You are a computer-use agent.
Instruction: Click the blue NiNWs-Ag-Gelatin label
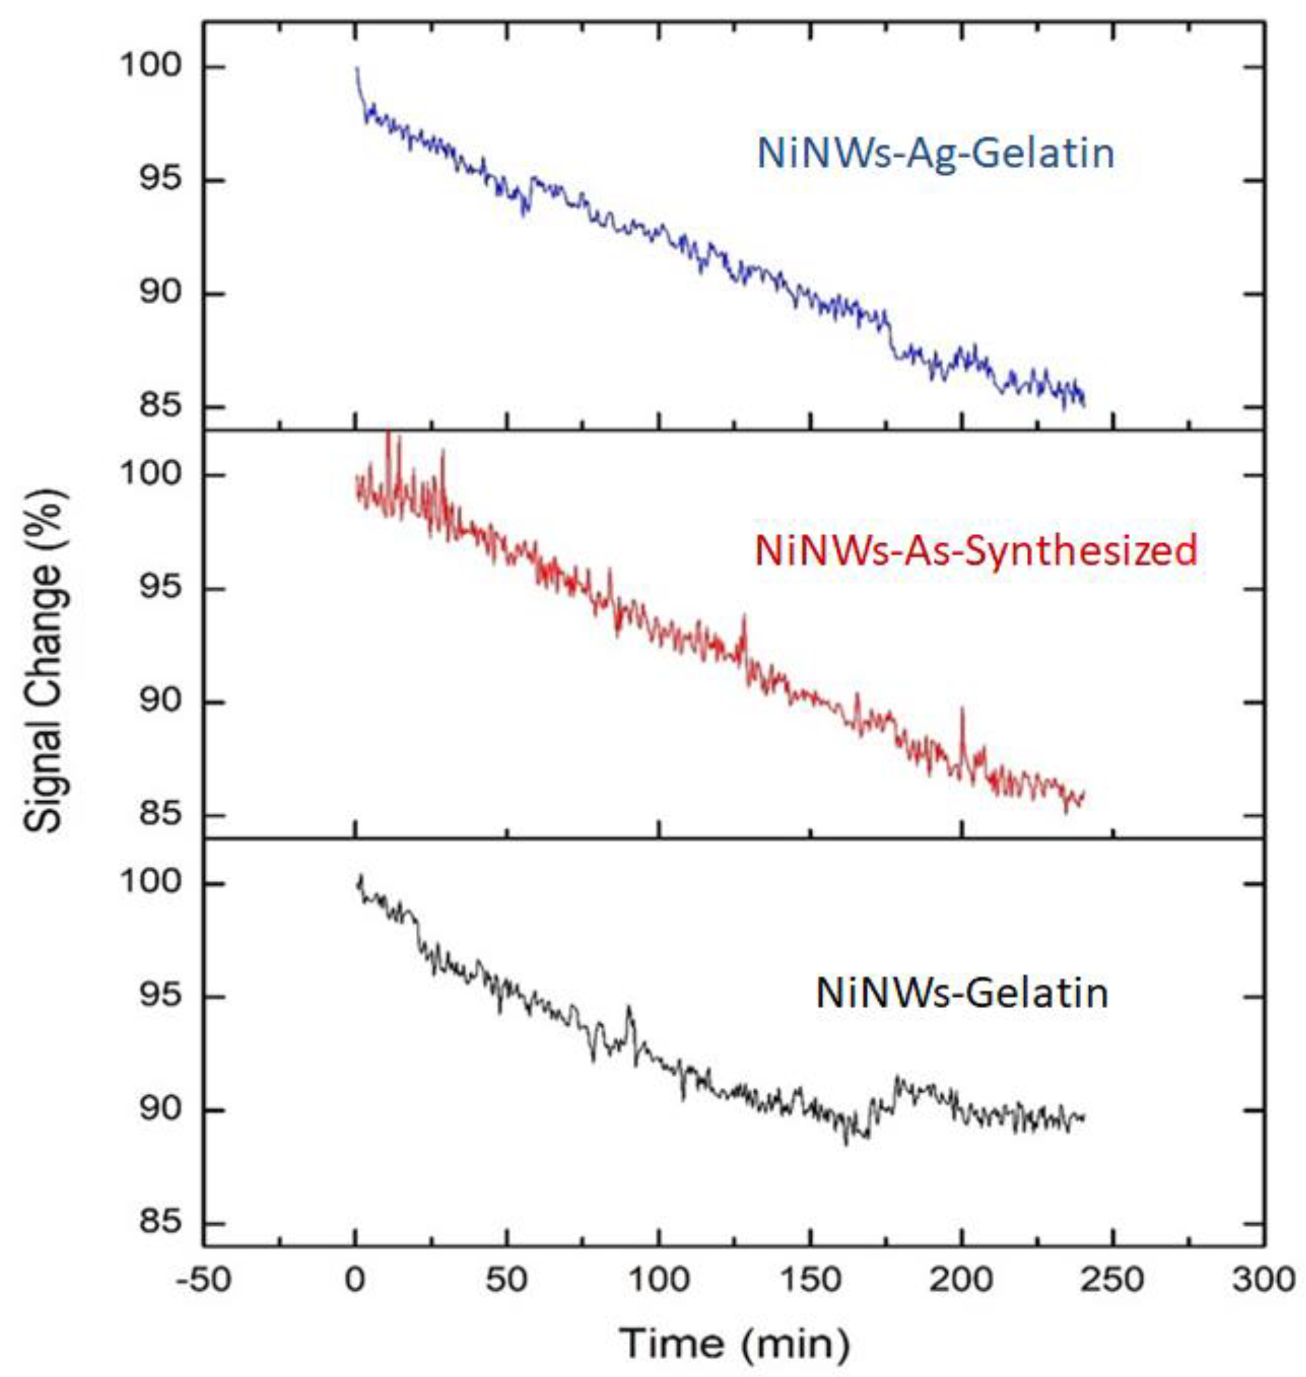click(x=936, y=154)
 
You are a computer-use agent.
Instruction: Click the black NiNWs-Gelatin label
click(x=962, y=993)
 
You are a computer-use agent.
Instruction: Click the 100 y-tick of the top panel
click(x=150, y=68)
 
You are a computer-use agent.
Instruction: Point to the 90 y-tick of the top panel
click(x=161, y=294)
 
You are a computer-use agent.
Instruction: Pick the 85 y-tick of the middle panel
click(x=161, y=815)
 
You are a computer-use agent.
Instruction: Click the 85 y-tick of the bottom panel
click(x=161, y=1224)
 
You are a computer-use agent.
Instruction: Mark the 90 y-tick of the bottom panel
click(x=161, y=1111)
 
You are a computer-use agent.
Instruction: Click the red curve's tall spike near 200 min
click(x=962, y=710)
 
